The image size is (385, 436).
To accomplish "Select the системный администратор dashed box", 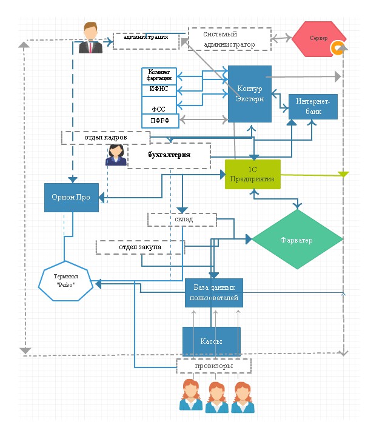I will (x=229, y=39).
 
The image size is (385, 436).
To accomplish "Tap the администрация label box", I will (x=146, y=40).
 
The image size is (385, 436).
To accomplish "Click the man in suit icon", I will (x=91, y=38).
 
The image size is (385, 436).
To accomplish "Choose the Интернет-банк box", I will (x=313, y=106).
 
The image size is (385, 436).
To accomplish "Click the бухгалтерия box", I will (x=169, y=155).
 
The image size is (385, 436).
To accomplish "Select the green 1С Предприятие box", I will (x=252, y=174).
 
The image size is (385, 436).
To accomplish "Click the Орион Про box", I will (x=72, y=196).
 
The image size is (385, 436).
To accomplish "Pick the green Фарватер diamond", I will (x=296, y=240).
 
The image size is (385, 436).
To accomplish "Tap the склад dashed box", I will (x=182, y=219).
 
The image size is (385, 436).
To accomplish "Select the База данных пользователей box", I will (x=214, y=293).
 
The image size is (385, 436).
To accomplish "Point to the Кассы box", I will (x=212, y=341).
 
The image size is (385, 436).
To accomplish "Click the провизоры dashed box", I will (x=213, y=366).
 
